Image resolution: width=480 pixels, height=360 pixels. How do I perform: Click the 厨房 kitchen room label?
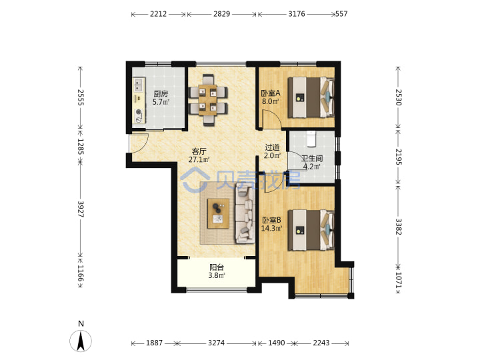161,94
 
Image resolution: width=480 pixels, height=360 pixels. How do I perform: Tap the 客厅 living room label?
199,151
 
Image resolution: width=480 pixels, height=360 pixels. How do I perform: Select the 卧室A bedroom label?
270,93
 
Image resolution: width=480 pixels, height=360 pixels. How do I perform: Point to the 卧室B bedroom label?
271,220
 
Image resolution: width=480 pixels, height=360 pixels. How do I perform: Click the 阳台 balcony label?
217,267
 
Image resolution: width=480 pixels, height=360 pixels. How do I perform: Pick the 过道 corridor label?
272,147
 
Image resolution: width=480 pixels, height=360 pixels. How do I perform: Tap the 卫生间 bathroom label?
312,158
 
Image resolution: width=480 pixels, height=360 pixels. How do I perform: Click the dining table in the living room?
208,100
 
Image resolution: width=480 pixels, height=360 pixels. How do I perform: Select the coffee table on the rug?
218,214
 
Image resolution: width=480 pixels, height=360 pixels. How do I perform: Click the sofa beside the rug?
245,214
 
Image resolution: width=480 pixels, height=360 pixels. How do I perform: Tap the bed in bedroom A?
311,97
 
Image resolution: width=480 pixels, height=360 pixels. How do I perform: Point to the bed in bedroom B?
311,230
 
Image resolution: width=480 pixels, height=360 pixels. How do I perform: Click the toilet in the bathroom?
311,139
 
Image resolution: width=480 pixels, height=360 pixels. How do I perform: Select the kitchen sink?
139,85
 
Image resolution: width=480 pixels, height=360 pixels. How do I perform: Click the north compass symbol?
81,341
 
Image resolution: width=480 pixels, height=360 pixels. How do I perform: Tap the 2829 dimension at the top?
221,14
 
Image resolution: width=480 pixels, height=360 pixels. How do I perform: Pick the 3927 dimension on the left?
81,209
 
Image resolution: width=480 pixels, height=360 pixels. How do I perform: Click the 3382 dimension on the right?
398,227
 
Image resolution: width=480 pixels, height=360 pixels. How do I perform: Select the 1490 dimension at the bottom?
277,343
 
